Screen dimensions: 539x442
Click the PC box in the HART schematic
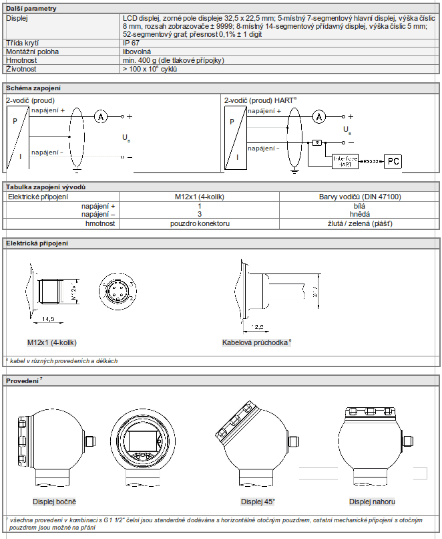[395, 161]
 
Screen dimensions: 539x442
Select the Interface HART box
[345, 160]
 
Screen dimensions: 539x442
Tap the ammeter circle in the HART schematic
[319, 116]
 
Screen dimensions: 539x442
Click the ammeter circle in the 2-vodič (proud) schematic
[100, 116]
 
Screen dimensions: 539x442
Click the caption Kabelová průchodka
[256, 342]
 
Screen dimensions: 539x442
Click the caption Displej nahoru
[372, 502]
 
